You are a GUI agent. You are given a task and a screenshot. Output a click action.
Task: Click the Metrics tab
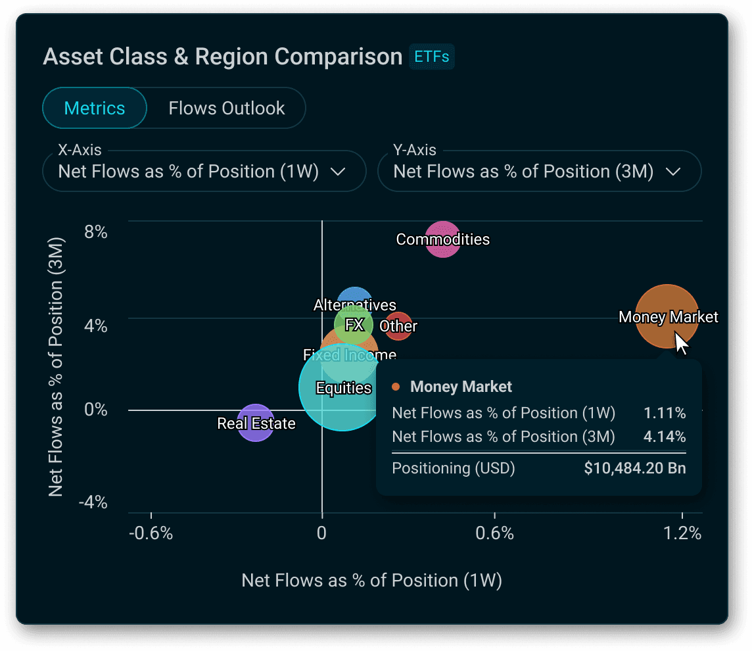coord(95,108)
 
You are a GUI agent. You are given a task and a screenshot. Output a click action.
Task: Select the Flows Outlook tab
coord(227,108)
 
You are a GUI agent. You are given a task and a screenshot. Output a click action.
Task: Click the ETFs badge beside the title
coord(432,57)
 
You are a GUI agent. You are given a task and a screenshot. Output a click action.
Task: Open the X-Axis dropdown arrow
coord(338,172)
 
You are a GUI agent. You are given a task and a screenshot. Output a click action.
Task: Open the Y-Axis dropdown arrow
coord(673,172)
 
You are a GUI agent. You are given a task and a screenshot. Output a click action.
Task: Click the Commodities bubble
coord(443,239)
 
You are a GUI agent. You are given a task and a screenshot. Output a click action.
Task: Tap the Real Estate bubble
coord(256,423)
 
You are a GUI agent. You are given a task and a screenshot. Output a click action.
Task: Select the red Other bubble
coord(398,326)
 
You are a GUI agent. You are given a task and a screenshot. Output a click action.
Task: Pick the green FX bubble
coord(354,325)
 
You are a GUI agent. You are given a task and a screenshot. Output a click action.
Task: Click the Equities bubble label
coord(343,388)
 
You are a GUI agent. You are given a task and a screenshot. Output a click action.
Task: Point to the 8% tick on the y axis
coord(95,232)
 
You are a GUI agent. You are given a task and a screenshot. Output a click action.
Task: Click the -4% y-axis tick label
coord(93,503)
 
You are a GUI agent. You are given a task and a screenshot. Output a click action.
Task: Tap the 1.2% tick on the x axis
coord(682,533)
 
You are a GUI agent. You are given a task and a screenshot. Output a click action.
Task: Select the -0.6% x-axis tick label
coord(151,533)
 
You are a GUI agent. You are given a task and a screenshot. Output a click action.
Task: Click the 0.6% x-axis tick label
coord(494,533)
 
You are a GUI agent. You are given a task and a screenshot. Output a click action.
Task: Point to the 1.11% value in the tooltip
coord(665,413)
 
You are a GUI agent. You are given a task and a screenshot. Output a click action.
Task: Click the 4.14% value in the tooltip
coord(665,437)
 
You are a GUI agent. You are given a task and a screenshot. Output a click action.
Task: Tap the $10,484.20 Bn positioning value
coord(634,469)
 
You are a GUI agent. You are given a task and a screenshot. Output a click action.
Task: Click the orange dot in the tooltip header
coord(396,387)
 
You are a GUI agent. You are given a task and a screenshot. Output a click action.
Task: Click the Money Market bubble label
coord(668,318)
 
